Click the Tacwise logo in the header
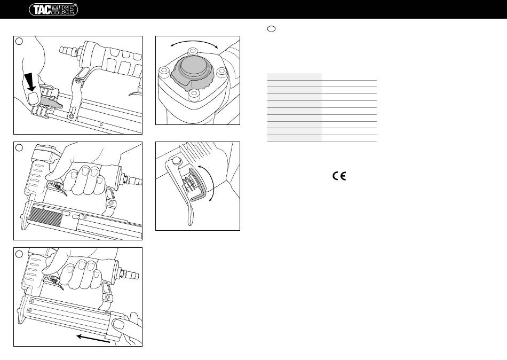[53, 10]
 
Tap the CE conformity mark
[339, 176]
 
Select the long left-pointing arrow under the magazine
[93, 339]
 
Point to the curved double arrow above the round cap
[194, 41]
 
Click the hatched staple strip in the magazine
[46, 217]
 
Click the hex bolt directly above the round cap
[193, 51]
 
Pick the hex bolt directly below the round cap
[193, 94]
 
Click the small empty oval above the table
[272, 29]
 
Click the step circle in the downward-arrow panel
[19, 41]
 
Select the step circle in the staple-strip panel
[19, 147]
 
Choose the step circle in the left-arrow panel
[19, 254]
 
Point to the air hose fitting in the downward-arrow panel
[69, 51]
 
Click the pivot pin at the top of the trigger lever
[176, 160]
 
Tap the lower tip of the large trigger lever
[191, 223]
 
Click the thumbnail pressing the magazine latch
[33, 98]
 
